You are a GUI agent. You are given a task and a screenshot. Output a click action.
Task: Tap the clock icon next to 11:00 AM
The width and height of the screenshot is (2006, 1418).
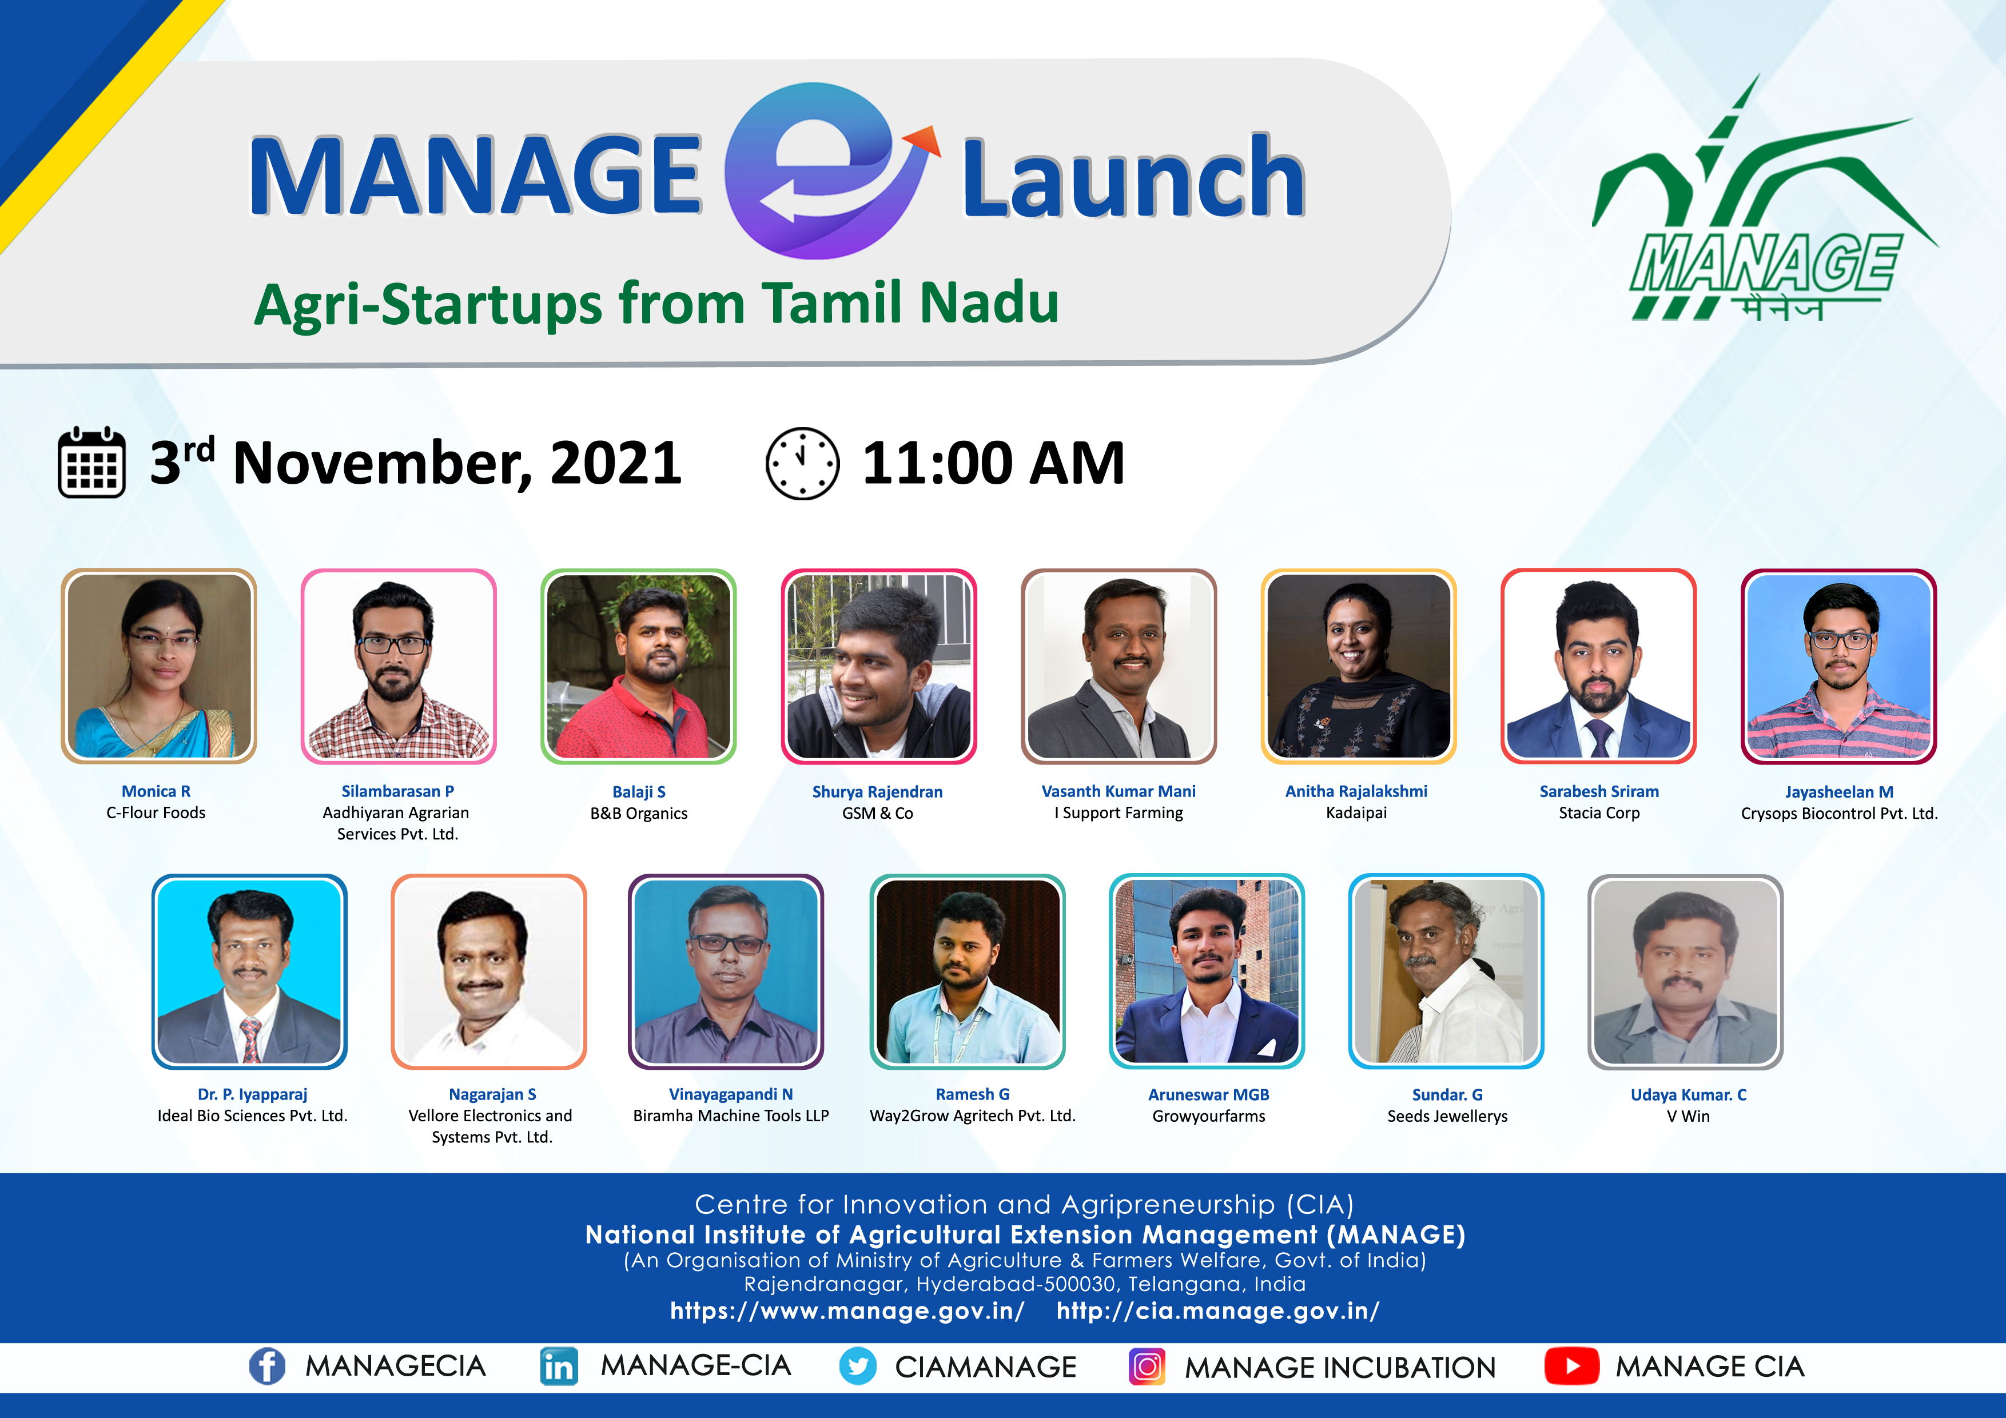tap(802, 463)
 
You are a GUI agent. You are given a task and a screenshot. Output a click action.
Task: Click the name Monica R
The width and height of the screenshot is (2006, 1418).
tap(156, 791)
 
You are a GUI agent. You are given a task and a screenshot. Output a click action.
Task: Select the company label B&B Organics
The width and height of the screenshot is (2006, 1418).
tap(639, 814)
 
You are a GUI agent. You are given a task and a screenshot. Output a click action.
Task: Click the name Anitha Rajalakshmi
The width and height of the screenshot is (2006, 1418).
tap(1356, 791)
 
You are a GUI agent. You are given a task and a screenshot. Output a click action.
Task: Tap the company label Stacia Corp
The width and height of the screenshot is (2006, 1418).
tap(1599, 814)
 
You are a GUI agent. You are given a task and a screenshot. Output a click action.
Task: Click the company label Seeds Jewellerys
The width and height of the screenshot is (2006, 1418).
tap(1447, 1117)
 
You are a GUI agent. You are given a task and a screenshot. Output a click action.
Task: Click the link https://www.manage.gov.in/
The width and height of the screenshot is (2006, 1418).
tap(847, 1311)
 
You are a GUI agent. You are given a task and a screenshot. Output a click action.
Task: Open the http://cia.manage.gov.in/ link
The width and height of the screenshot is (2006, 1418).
tap(1218, 1311)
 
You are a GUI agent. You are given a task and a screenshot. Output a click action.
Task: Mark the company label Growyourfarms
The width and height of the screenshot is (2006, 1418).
tap(1208, 1117)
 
